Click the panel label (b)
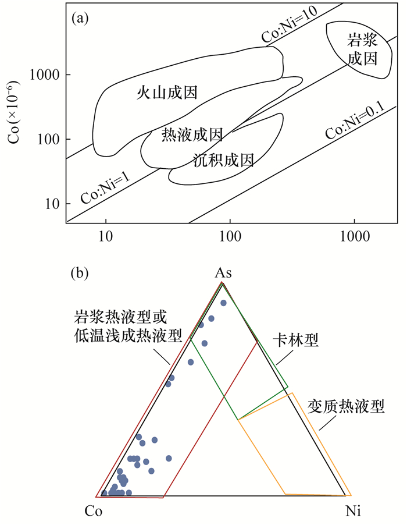click(x=80, y=272)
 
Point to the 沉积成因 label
click(x=224, y=159)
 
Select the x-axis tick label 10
click(x=105, y=237)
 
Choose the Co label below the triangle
click(x=94, y=512)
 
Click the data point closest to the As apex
click(x=223, y=303)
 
